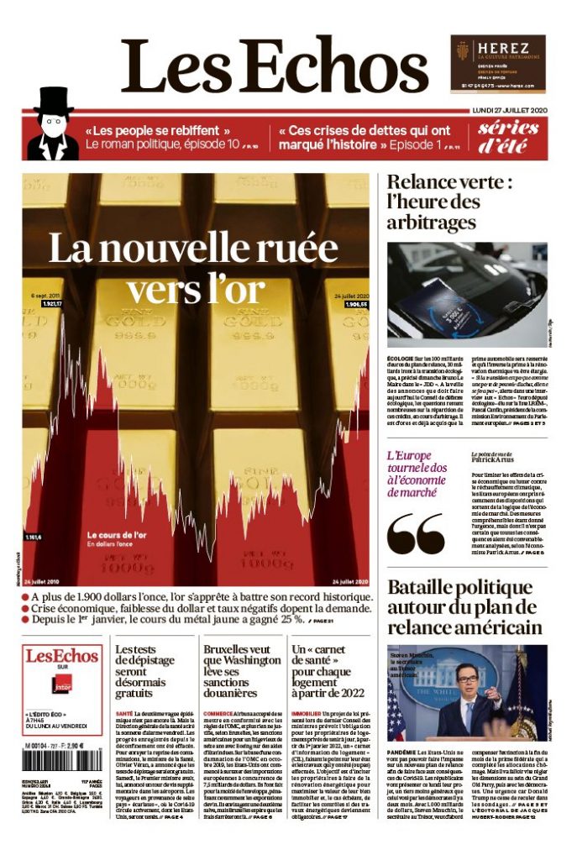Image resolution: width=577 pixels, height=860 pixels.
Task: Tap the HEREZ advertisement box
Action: (497, 63)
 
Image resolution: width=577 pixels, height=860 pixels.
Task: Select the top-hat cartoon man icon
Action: (53, 125)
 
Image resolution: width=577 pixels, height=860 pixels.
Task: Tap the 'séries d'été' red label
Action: (508, 137)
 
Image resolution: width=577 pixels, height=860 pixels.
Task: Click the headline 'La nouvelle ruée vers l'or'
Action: (193, 266)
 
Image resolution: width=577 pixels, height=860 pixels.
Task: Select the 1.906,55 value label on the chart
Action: (356, 304)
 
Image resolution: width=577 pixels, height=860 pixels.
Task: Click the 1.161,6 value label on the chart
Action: (34, 537)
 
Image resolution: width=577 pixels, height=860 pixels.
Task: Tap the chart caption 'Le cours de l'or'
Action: (117, 534)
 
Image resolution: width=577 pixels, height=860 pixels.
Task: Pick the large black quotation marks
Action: (417, 534)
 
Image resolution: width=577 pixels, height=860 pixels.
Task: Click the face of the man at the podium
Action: (466, 677)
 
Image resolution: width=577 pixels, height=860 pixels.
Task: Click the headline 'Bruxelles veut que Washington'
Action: (241, 671)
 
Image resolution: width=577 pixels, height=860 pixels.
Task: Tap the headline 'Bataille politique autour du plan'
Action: (464, 607)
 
